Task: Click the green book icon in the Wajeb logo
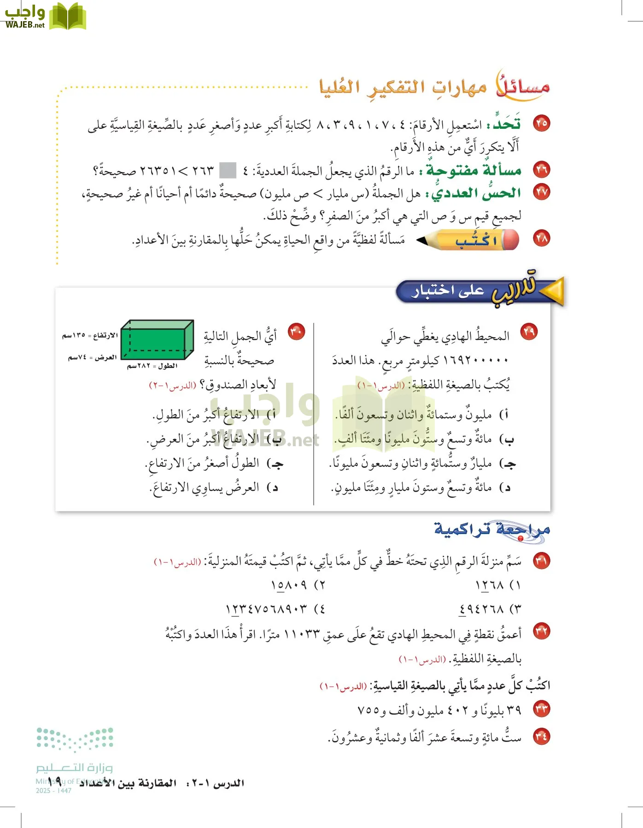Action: click(x=67, y=17)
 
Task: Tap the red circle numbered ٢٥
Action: click(x=541, y=123)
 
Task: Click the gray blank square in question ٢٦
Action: click(x=228, y=171)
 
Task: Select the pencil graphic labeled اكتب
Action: click(x=468, y=240)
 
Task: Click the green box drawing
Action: click(x=157, y=340)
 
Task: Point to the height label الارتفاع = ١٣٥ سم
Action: click(x=90, y=335)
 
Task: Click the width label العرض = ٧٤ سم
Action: click(x=92, y=357)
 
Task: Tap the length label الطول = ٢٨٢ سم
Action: click(x=152, y=366)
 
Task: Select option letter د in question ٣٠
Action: click(x=275, y=488)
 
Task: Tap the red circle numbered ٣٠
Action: click(x=296, y=332)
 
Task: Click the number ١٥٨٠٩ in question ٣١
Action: click(x=289, y=585)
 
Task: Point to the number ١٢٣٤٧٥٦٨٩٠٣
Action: click(x=266, y=609)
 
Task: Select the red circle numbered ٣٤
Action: click(x=541, y=736)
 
